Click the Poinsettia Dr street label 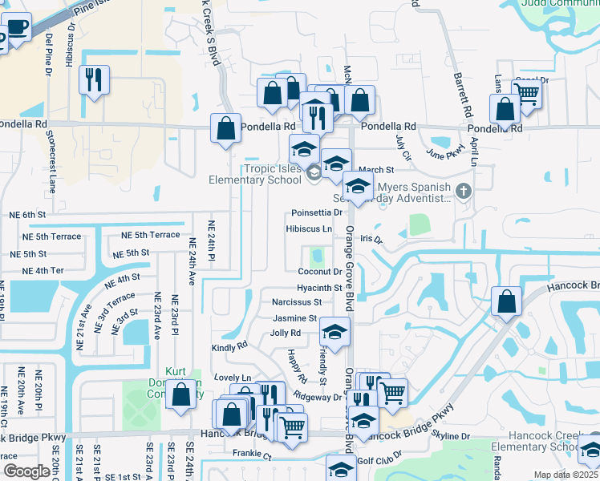[x=317, y=212]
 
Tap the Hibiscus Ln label [x=309, y=228]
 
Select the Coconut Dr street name [x=320, y=272]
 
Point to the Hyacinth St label [x=319, y=287]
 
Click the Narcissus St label [x=297, y=302]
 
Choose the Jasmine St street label [x=295, y=317]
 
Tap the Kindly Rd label [x=229, y=347]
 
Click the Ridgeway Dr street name [x=318, y=397]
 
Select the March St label [x=377, y=170]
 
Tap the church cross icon [x=462, y=192]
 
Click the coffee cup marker [x=16, y=30]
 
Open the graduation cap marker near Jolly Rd [x=334, y=331]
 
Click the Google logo [x=26, y=471]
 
